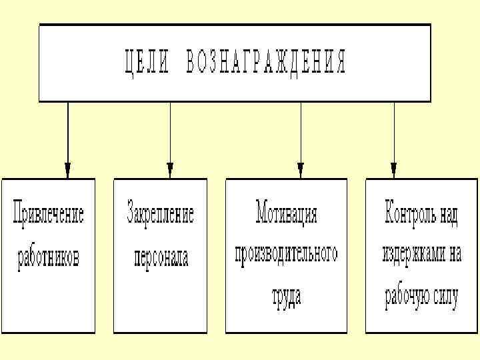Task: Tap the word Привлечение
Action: click(49, 215)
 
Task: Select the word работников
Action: click(49, 257)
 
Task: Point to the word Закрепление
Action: click(161, 215)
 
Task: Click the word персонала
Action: click(161, 257)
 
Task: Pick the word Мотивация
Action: click(286, 215)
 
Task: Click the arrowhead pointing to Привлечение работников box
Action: click(67, 169)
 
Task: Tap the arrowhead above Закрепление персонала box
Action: click(170, 169)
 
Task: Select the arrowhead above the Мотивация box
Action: click(301, 169)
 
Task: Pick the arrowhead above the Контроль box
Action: click(393, 169)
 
